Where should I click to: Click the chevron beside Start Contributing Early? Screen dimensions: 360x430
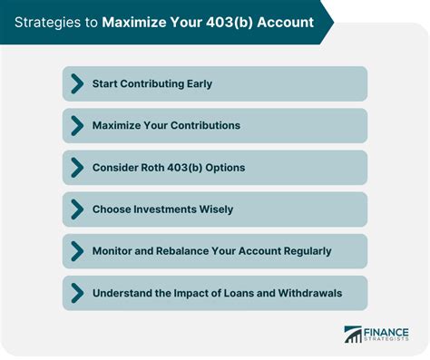(76, 83)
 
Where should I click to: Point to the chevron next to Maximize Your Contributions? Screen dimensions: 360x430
(76, 125)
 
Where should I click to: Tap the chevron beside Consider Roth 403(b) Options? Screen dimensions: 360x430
(76, 168)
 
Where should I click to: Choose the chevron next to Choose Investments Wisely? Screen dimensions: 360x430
(76, 209)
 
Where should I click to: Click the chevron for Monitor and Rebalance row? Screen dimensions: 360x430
(76, 251)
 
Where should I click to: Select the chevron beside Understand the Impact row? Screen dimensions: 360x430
(76, 293)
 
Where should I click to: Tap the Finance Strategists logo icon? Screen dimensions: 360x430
(353, 335)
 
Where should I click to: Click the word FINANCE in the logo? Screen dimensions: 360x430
(387, 330)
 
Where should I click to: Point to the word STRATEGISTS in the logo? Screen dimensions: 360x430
(387, 341)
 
